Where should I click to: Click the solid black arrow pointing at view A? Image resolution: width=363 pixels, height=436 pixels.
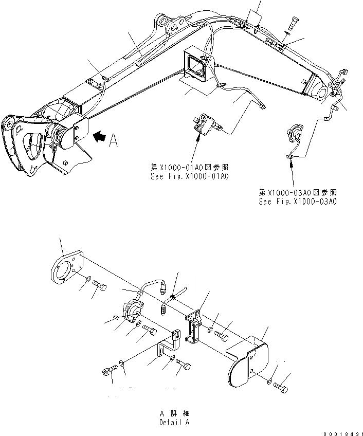point(101,137)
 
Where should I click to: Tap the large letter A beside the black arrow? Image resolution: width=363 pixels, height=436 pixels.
point(114,140)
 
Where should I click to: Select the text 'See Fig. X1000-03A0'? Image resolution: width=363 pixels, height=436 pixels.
point(299,202)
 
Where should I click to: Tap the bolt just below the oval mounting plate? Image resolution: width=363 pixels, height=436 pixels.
point(101,286)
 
